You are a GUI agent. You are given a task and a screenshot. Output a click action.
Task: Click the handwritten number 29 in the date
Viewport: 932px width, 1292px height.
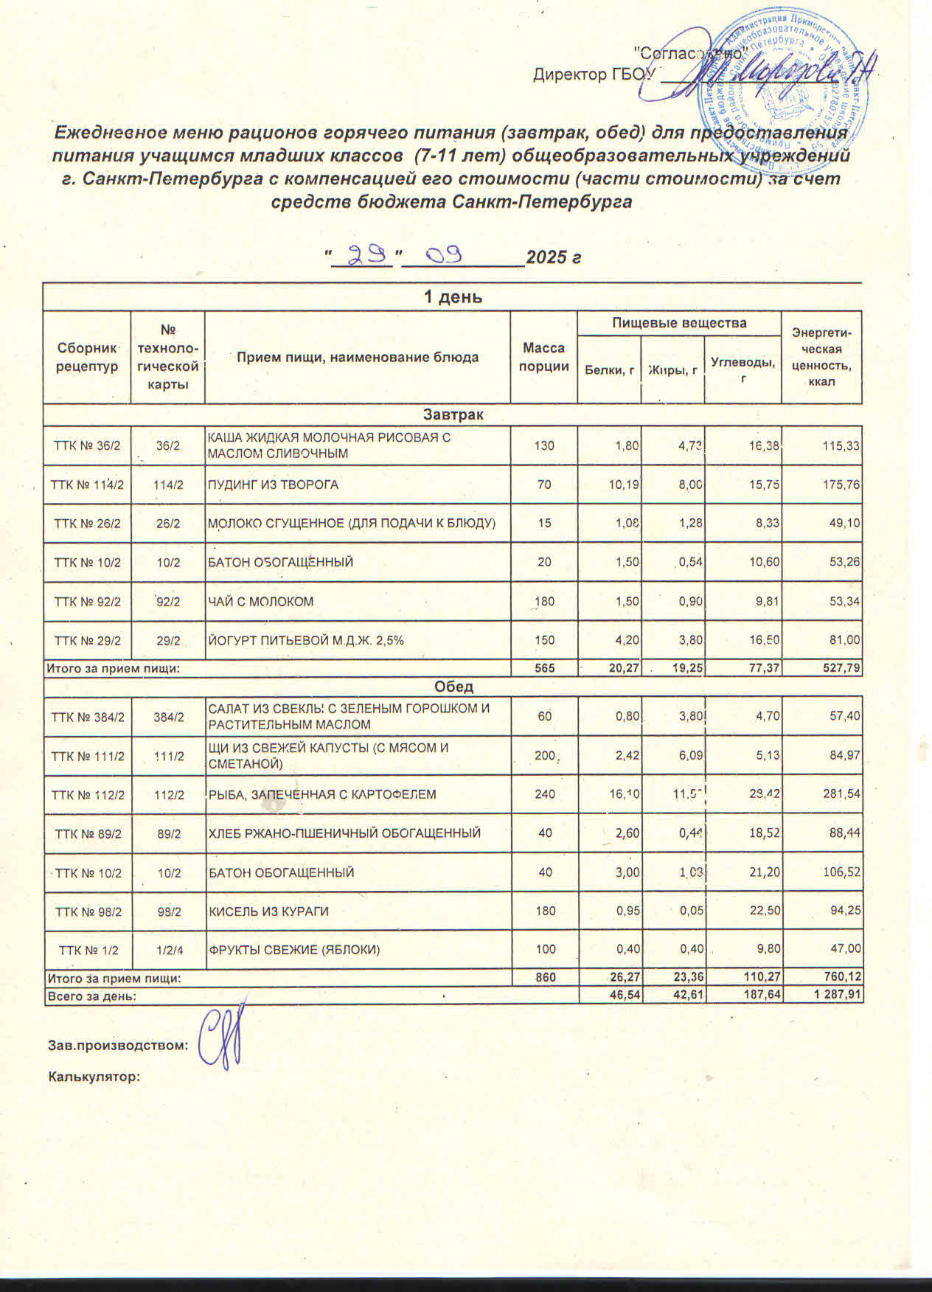[366, 256]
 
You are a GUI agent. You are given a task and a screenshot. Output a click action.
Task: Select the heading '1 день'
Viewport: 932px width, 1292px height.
[452, 297]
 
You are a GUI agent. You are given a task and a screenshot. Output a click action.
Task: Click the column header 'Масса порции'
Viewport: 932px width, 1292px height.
[543, 358]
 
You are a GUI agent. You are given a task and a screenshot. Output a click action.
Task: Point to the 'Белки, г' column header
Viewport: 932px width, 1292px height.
[609, 370]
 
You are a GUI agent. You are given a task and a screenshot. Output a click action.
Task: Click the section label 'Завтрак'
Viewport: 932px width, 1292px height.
[452, 414]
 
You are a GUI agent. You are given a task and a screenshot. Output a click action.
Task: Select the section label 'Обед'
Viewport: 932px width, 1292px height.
[453, 687]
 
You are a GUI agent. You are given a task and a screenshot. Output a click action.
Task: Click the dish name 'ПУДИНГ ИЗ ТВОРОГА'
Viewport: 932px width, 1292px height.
[274, 484]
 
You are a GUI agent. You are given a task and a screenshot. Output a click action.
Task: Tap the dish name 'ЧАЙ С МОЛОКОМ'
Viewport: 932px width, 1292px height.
[261, 601]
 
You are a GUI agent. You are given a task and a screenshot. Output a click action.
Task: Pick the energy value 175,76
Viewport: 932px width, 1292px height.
[839, 484]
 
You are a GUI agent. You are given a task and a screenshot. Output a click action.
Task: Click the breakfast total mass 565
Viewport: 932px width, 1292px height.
[544, 668]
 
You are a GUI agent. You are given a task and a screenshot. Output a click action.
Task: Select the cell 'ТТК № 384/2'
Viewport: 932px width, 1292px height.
[87, 716]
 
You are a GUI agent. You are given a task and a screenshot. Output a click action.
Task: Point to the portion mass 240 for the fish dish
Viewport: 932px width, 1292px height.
[545, 794]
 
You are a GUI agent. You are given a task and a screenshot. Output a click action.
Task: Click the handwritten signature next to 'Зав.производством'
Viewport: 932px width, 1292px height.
[223, 1038]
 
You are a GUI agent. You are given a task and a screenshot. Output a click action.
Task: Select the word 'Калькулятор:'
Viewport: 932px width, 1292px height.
[94, 1077]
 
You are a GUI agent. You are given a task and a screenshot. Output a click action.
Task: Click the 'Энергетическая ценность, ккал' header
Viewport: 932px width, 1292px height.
[821, 358]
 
